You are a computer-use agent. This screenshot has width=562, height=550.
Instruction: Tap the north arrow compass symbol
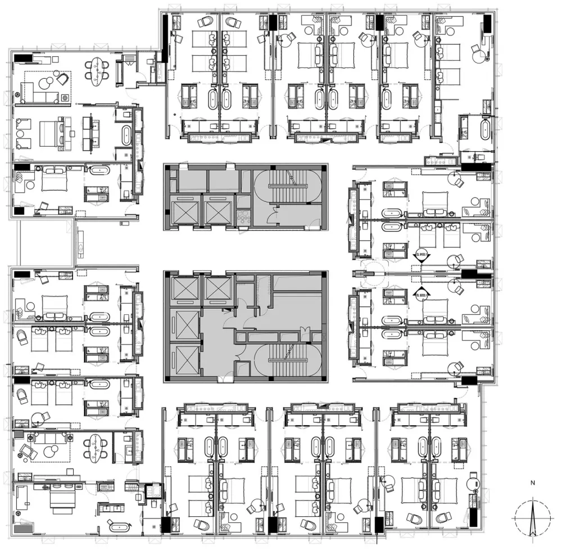[x=533, y=517]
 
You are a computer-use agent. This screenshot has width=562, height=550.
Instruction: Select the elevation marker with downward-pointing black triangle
[x=422, y=256]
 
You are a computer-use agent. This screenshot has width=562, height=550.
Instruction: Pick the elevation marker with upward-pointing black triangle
[x=422, y=292]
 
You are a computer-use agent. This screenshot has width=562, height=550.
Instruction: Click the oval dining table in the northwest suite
[x=98, y=70]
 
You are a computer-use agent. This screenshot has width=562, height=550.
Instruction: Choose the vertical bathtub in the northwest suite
[x=127, y=136]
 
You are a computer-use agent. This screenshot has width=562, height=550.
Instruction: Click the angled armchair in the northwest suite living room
[x=64, y=79]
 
